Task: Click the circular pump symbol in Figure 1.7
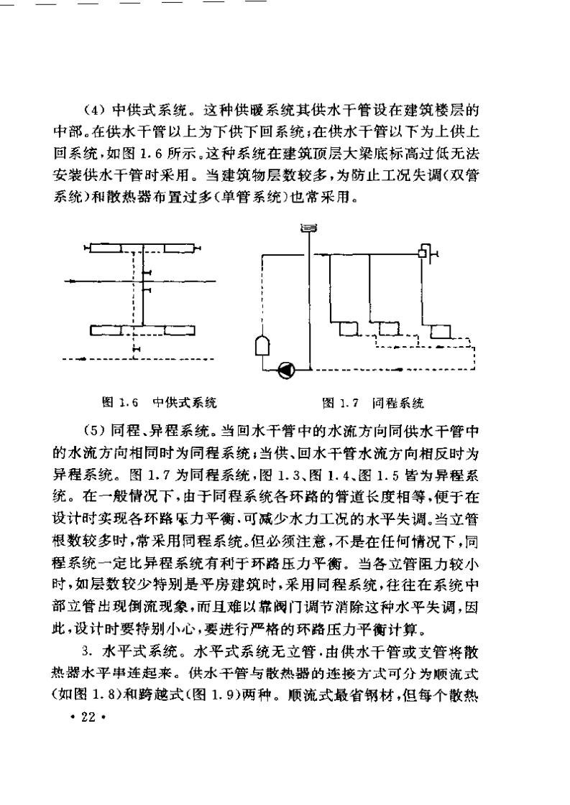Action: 286,371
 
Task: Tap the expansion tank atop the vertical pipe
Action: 307,228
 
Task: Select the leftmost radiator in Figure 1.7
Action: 349,329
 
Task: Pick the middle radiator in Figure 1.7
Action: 389,329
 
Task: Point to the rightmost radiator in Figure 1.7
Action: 440,332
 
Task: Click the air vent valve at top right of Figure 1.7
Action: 425,252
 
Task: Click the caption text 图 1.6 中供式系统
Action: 159,402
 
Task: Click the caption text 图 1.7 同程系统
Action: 373,402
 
